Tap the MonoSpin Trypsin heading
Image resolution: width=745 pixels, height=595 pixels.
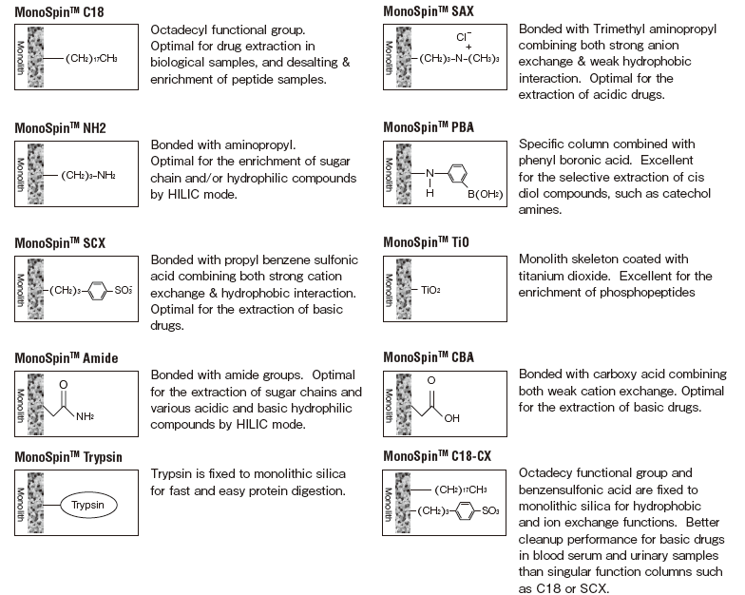coord(68,457)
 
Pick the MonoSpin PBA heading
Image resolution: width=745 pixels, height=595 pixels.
coord(424,126)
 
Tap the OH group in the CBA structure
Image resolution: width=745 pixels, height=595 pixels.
coord(452,416)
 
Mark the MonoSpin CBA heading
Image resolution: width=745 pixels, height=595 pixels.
coord(424,357)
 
